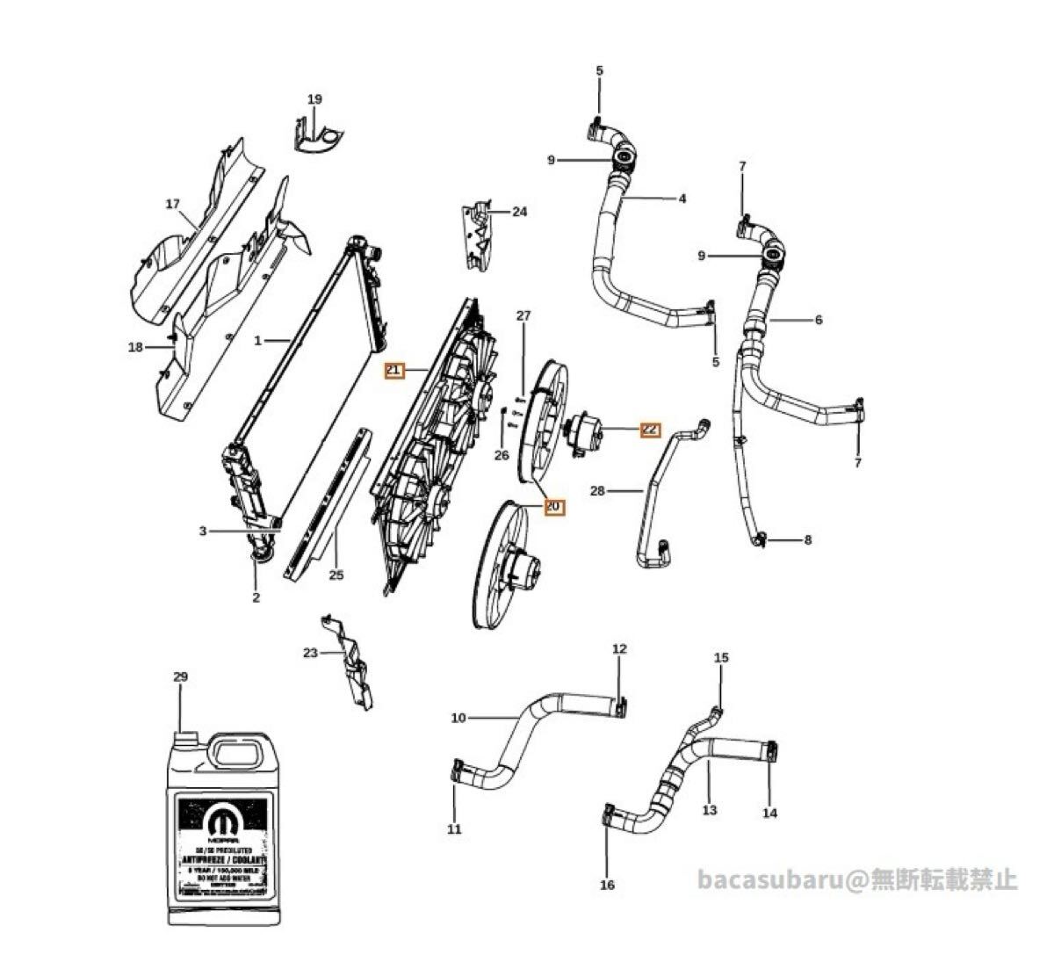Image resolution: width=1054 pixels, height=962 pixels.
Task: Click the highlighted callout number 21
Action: [x=393, y=371]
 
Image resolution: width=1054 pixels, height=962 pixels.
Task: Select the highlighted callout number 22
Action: [x=650, y=429]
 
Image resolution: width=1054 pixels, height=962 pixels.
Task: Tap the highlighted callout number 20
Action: [x=553, y=507]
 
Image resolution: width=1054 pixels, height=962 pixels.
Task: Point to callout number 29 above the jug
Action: [x=180, y=677]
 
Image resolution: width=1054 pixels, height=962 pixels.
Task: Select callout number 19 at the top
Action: [x=314, y=99]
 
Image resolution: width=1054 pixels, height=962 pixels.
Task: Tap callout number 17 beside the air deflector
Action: [x=173, y=204]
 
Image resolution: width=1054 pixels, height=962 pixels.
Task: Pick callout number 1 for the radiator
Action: [x=258, y=340]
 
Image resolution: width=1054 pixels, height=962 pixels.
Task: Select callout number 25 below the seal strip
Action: [x=336, y=575]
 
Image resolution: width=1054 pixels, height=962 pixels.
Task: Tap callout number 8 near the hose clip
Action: [x=807, y=539]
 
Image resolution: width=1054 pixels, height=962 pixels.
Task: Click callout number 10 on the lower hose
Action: [x=458, y=718]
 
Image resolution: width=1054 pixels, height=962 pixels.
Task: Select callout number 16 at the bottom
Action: [x=607, y=885]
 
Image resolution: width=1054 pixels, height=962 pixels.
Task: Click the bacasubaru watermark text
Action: [x=856, y=879]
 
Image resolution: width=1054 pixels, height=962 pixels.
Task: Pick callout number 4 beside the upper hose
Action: [x=682, y=199]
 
